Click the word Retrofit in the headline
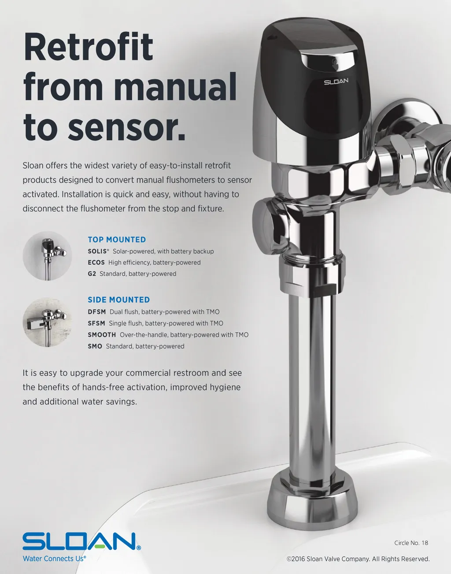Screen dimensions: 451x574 (89, 47)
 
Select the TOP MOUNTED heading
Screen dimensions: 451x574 (117, 240)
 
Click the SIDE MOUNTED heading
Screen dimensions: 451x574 (119, 300)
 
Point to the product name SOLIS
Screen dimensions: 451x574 (98, 251)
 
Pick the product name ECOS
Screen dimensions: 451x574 (96, 263)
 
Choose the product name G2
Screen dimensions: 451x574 (92, 274)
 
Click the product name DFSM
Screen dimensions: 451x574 (96, 312)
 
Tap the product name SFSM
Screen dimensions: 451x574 (96, 323)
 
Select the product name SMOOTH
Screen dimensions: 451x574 (102, 335)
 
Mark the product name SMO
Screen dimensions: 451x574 (95, 346)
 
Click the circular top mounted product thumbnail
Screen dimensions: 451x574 (48, 256)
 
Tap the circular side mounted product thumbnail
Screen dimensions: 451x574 (48, 322)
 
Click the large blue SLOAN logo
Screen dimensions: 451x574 (81, 541)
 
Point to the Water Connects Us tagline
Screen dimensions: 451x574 (55, 559)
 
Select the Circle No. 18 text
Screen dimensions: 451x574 (411, 543)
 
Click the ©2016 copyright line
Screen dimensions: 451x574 (358, 559)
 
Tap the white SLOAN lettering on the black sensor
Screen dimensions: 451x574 (336, 81)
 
